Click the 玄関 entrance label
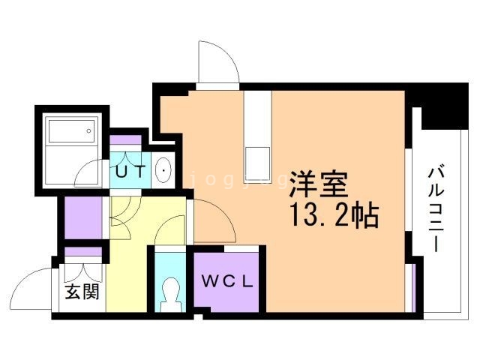click(81, 291)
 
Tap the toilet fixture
click(172, 293)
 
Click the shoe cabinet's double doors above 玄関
click(82, 265)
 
